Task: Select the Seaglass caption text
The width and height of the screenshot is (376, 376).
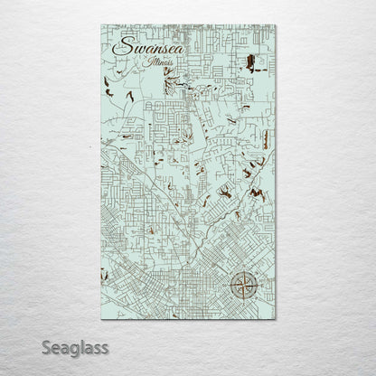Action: click(74, 346)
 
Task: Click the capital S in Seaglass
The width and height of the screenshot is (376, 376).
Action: click(45, 346)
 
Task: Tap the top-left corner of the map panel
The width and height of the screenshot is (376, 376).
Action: click(101, 24)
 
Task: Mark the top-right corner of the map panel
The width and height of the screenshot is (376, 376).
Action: click(277, 24)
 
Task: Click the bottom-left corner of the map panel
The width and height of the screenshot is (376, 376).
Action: click(101, 318)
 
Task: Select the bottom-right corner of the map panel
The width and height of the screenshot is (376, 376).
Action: click(277, 318)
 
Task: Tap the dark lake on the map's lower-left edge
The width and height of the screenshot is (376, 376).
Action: click(105, 274)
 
